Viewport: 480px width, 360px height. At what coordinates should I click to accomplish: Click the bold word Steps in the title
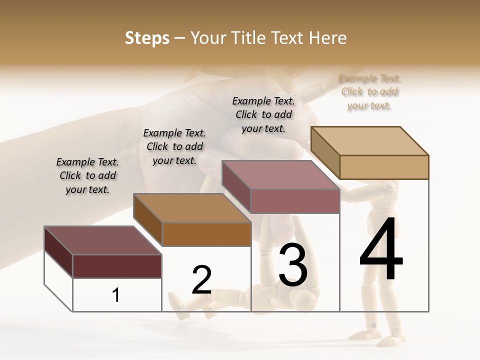147,38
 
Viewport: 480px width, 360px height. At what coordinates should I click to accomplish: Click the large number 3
293,265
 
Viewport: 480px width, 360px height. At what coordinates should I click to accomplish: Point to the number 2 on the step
202,280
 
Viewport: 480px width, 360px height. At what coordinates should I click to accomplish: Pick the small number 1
116,295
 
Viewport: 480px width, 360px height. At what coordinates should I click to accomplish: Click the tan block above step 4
384,167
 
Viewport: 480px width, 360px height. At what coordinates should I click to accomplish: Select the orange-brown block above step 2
206,234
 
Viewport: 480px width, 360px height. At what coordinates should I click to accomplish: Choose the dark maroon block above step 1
117,266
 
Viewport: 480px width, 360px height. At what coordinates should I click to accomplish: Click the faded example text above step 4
369,92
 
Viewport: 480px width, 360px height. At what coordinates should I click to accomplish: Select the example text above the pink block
263,114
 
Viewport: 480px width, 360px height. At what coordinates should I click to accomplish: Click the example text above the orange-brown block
174,146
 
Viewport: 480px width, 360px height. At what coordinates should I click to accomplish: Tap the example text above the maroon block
87,175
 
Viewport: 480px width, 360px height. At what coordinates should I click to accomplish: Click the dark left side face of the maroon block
58,251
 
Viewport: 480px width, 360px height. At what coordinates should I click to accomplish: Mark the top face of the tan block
370,140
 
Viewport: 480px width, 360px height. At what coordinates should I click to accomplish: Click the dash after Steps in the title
180,38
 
